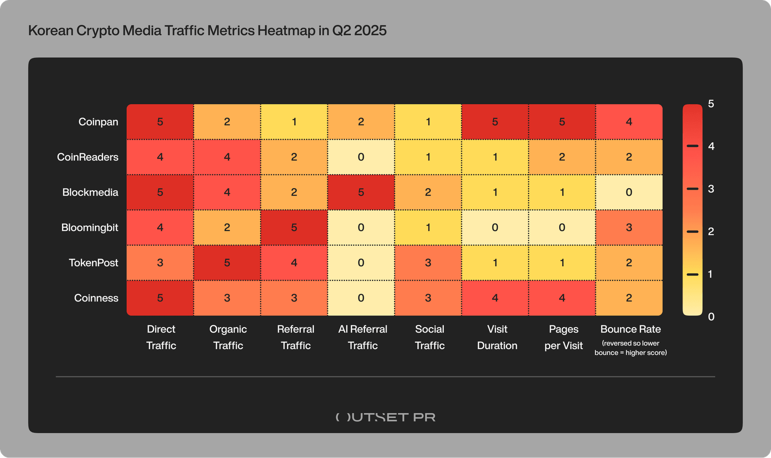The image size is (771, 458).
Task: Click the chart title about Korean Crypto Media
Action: [x=207, y=31]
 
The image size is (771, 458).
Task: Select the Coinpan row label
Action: [x=98, y=122]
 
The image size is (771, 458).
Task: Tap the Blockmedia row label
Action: [x=90, y=192]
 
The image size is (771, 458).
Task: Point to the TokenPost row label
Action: [x=93, y=263]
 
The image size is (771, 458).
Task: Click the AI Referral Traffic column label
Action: [x=362, y=337]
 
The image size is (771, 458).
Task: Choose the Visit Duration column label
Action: [x=497, y=337]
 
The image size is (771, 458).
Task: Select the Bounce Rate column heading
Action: [x=630, y=330]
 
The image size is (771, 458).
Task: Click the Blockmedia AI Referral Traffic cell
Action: [x=361, y=192]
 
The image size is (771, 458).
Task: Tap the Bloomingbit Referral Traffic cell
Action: [x=294, y=227]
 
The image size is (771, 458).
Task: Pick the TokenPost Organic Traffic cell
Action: [x=227, y=263]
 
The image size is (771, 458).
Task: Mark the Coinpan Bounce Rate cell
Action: [x=629, y=122]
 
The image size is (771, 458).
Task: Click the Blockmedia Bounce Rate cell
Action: [x=629, y=192]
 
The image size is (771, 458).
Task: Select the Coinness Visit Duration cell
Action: [x=495, y=298]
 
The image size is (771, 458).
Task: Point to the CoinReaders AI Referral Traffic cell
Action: [x=361, y=157]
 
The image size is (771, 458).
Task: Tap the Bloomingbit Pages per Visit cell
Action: [x=562, y=227]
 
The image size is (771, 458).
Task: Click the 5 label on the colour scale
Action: [x=711, y=104]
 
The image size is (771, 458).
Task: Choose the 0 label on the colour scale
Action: [x=711, y=317]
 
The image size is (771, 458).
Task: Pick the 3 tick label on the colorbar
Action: [x=711, y=189]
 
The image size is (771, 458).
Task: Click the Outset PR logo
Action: [x=385, y=417]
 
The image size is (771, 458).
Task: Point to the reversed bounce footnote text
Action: [x=630, y=348]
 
